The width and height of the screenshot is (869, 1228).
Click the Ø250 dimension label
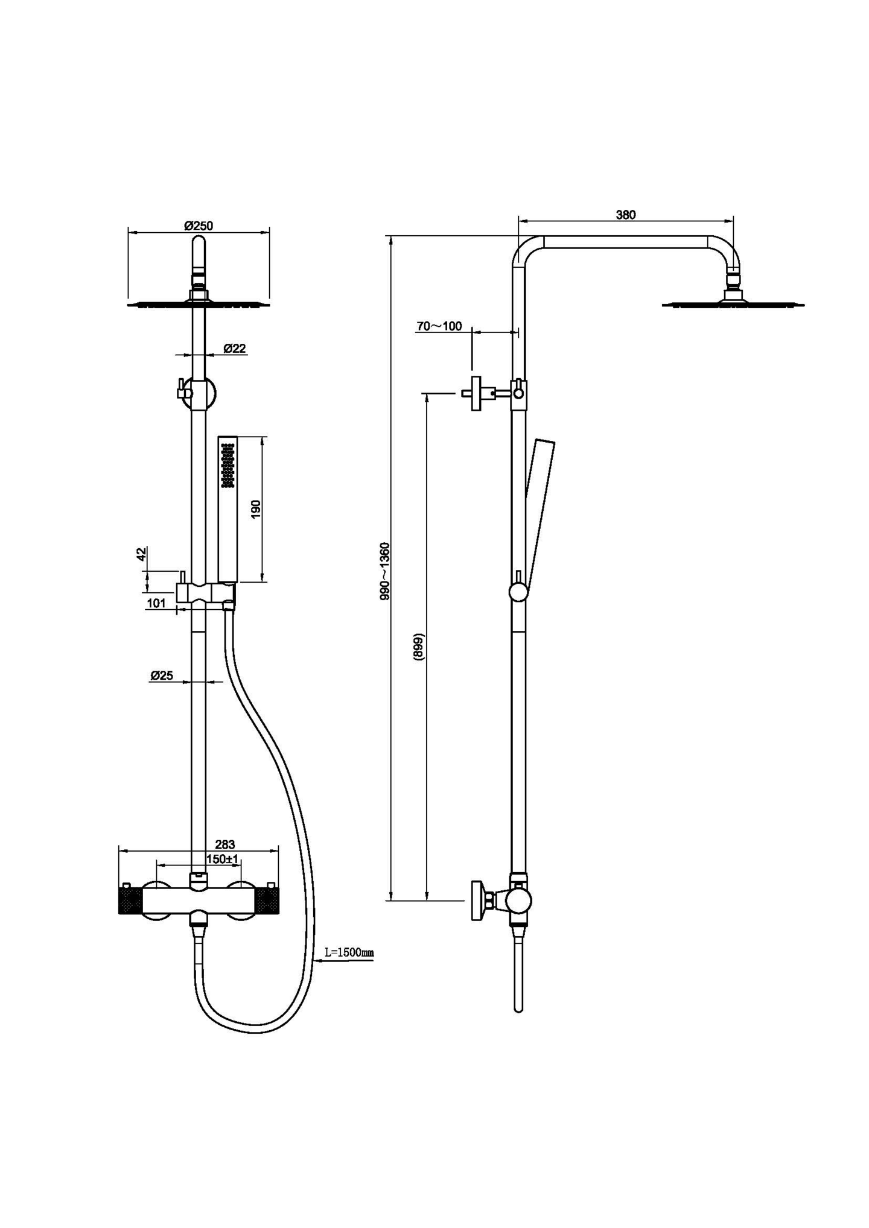click(199, 226)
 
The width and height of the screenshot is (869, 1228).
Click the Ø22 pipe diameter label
click(234, 348)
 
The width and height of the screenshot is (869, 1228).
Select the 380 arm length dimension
click(625, 215)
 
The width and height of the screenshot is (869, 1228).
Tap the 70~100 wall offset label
click(439, 326)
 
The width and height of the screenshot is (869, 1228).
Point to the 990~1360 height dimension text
click(385, 571)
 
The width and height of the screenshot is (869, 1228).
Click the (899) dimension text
click(419, 647)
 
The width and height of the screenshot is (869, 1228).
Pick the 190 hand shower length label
click(255, 510)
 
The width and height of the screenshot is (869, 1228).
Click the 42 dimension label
click(141, 554)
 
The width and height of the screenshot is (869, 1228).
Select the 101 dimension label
click(156, 603)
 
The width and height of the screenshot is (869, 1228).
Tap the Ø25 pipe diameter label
click(162, 676)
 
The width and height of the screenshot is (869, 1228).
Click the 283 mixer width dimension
click(224, 844)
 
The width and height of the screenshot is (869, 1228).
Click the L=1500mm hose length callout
click(349, 952)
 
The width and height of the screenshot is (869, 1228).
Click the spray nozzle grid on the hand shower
click(228, 465)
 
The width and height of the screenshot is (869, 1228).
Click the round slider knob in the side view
click(518, 592)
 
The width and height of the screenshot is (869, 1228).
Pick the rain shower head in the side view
click(733, 303)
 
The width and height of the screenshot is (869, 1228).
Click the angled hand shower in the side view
click(540, 507)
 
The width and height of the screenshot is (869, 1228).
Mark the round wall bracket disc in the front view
click(203, 393)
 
